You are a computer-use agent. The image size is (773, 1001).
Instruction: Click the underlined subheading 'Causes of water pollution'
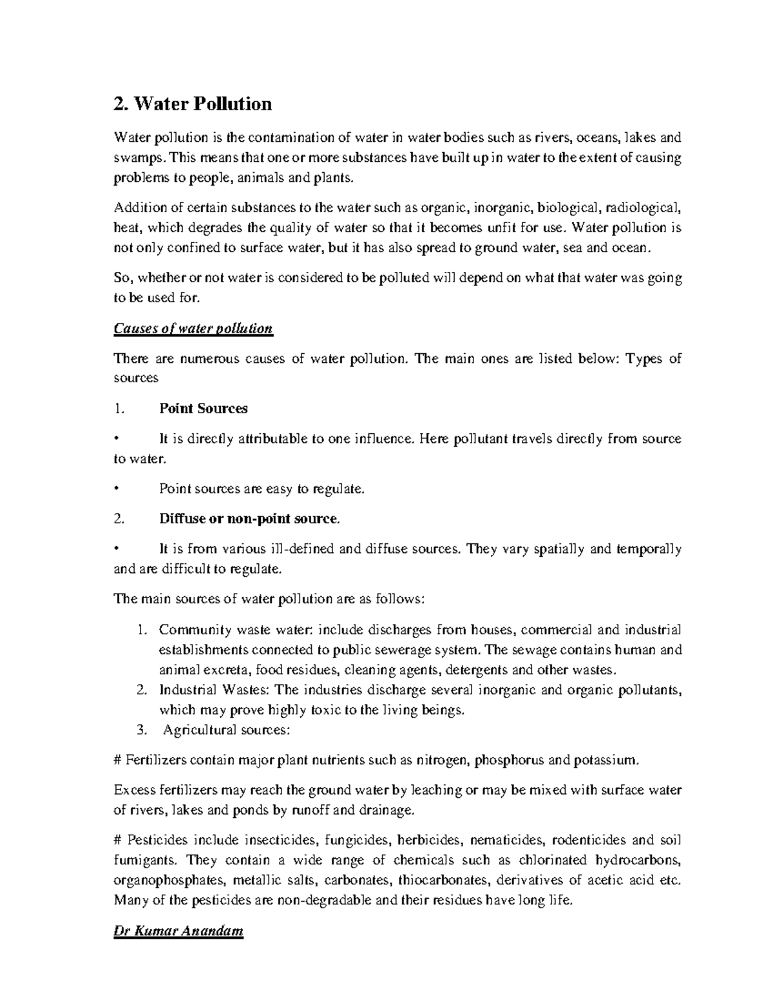[x=193, y=329]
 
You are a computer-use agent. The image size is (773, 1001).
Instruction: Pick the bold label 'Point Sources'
[x=203, y=409]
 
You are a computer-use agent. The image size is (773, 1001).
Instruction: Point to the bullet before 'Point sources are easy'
[x=116, y=489]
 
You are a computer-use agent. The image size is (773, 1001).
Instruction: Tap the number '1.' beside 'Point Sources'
[x=117, y=409]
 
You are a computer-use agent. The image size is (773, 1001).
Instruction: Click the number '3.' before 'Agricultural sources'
[x=143, y=730]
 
